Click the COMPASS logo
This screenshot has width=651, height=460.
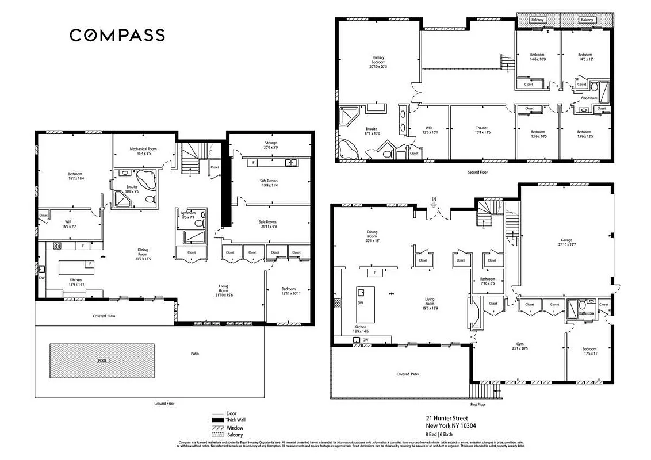117,35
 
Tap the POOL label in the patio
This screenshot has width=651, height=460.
102,361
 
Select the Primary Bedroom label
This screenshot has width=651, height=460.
378,62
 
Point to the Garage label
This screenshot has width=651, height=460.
566,243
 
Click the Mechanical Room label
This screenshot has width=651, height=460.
143,151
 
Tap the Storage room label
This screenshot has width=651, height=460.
271,145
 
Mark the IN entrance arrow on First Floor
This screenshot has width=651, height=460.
435,201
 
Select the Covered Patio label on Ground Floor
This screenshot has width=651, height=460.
105,316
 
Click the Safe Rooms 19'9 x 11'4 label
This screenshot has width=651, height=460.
268,183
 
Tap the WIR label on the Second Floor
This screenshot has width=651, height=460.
429,130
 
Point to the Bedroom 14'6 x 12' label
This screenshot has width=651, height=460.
585,57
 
